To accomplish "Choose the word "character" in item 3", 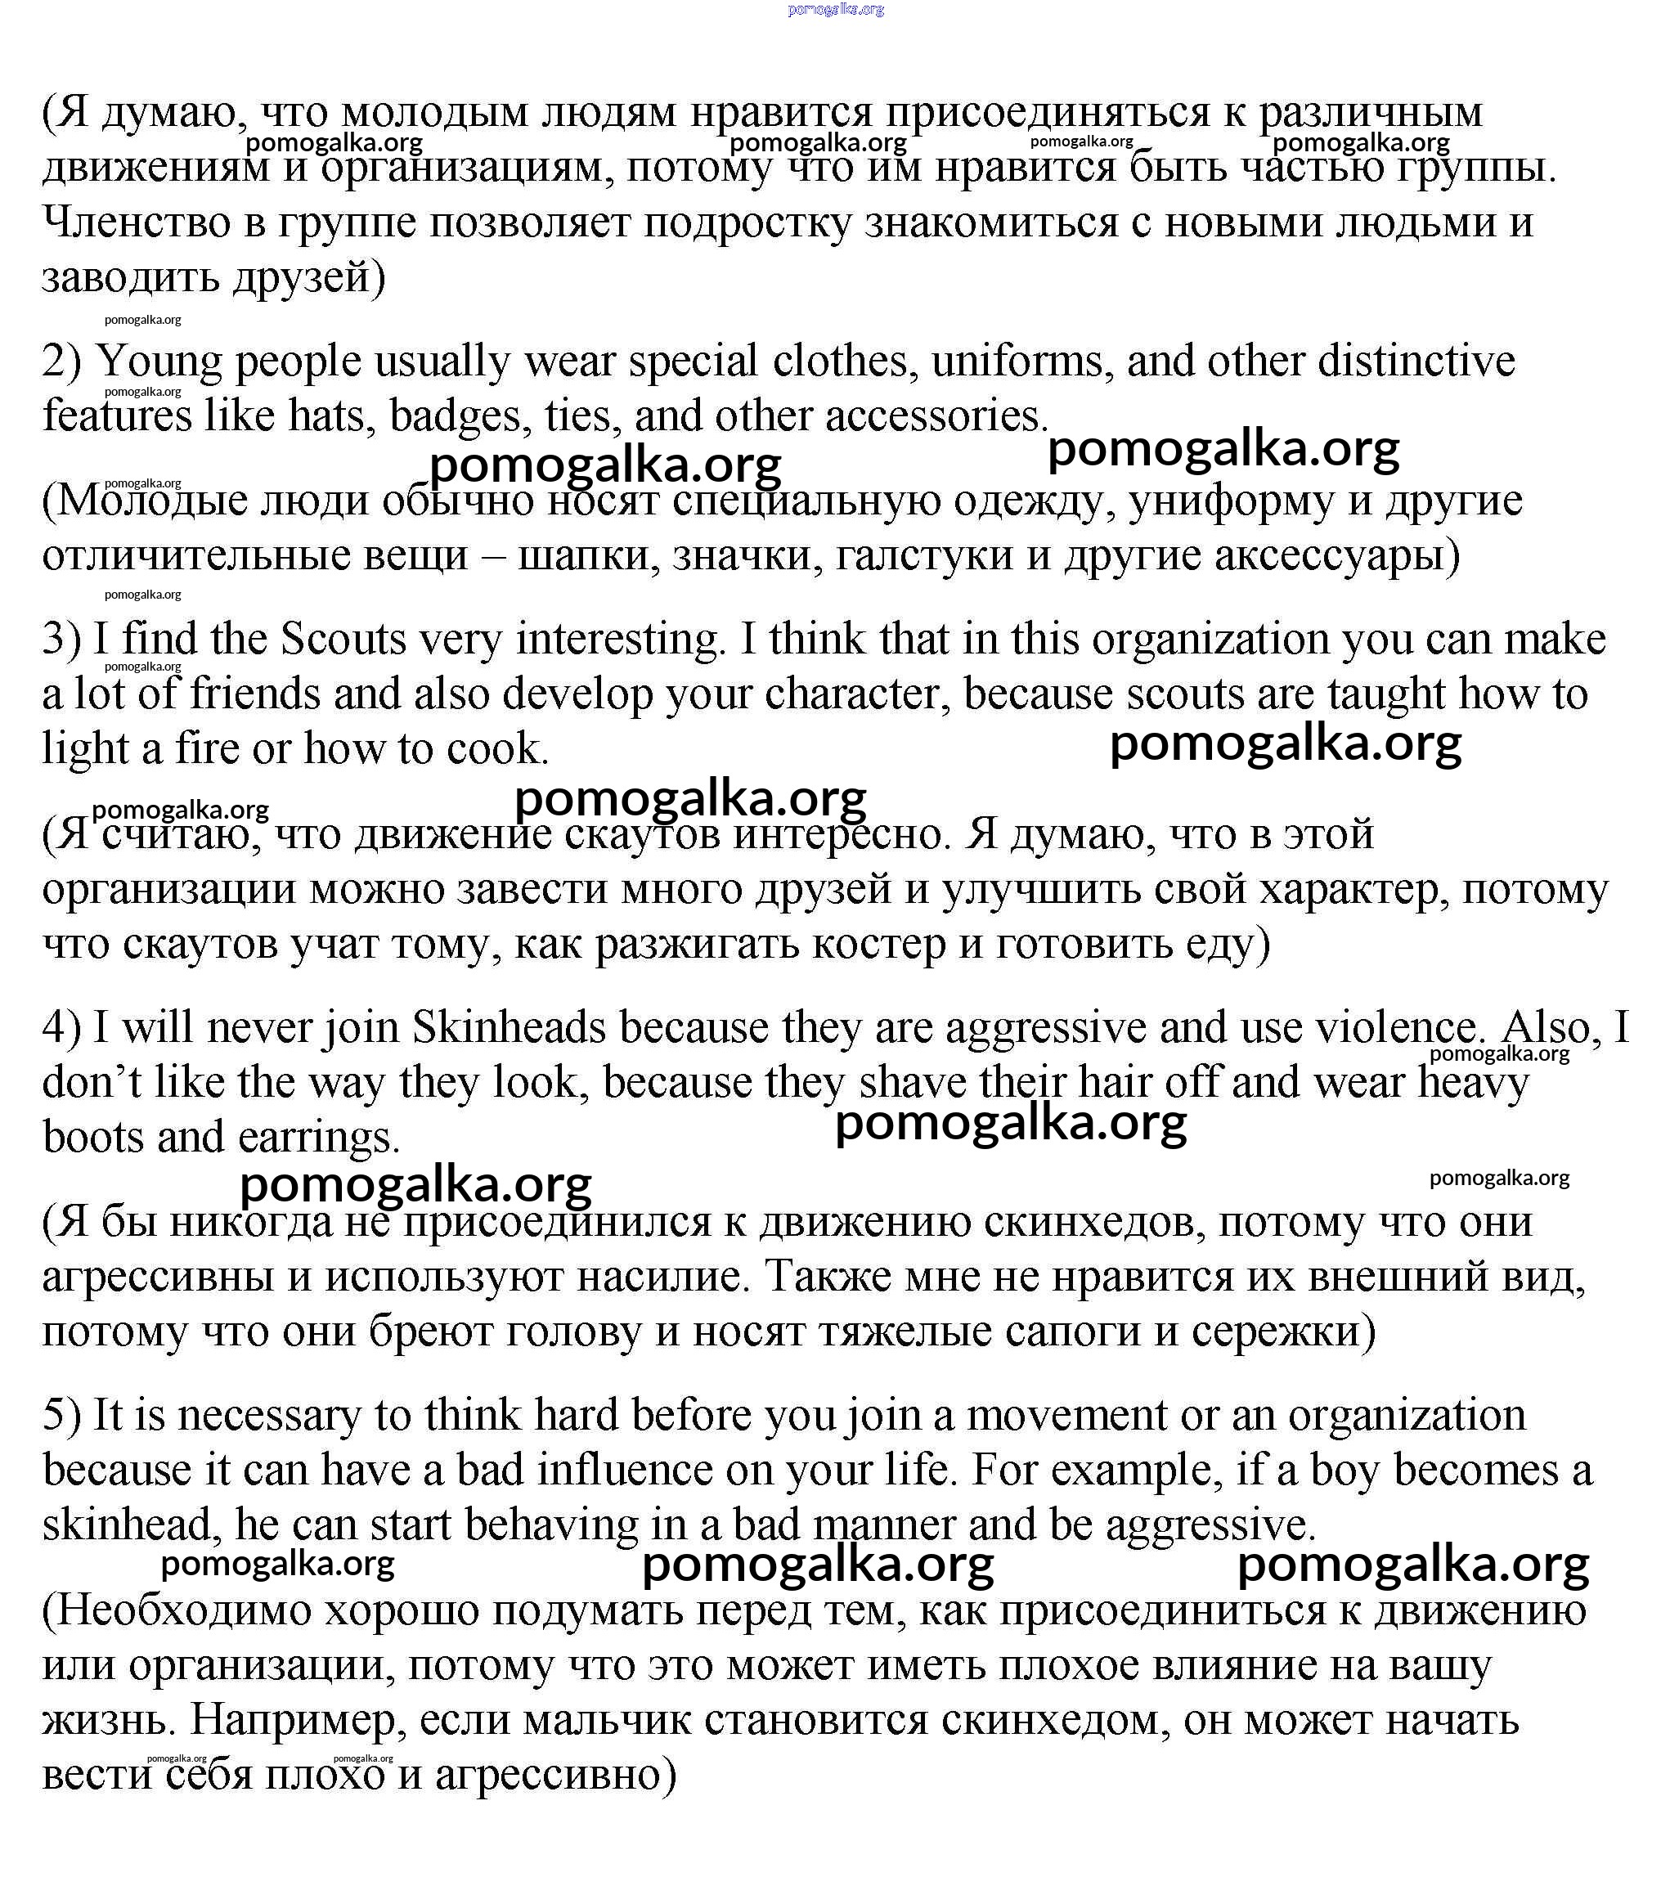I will click(856, 695).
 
